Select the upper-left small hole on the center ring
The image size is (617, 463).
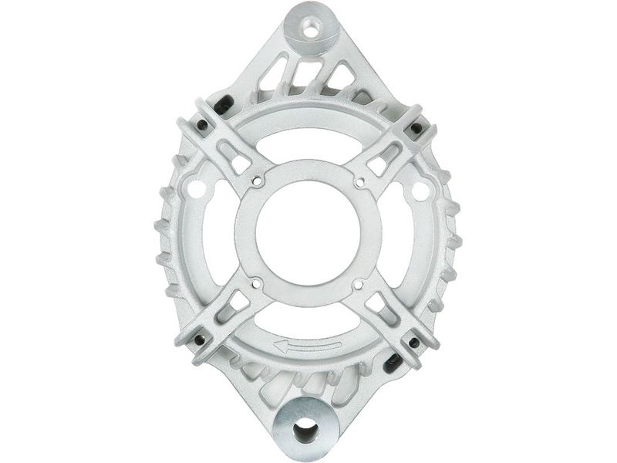click(257, 182)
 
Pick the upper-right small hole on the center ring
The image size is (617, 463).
click(359, 182)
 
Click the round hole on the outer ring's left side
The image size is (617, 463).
click(197, 188)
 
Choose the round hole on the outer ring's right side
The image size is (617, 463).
click(420, 190)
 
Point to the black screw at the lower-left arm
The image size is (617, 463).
click(200, 340)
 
